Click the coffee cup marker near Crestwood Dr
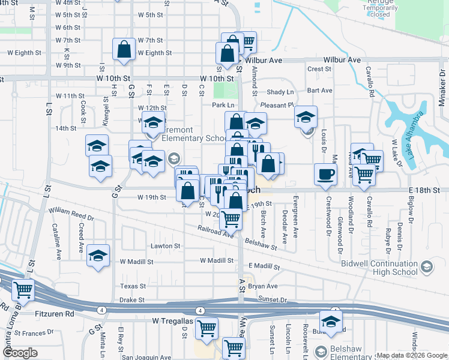[325, 175]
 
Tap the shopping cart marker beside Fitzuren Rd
[23, 290]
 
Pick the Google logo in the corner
[20, 353]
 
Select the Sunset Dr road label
[273, 299]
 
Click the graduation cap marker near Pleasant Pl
[306, 117]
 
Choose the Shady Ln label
[280, 92]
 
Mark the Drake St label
[132, 299]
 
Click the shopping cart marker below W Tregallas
[206, 328]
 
